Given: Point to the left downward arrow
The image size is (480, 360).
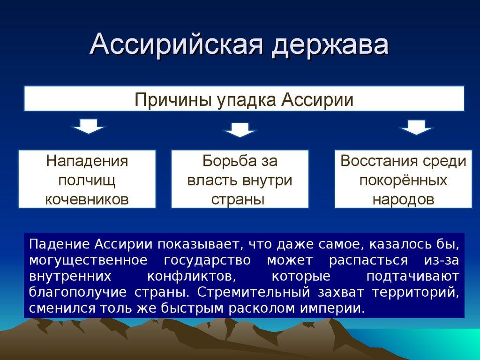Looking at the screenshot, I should [89, 127].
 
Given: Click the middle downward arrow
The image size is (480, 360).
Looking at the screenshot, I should [240, 129].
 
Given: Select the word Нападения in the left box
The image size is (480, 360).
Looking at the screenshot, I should [87, 161].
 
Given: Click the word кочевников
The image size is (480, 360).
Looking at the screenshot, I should [87, 199].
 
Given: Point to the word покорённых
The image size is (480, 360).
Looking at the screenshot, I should [403, 180].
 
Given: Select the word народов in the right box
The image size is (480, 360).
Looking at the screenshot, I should [403, 199].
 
